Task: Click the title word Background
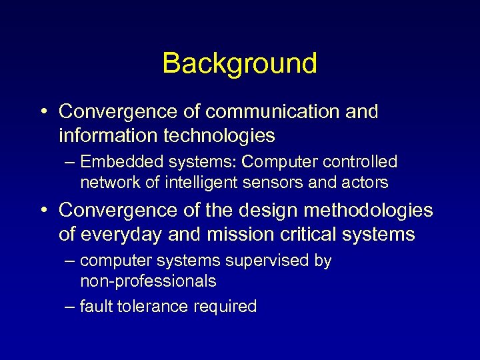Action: click(239, 63)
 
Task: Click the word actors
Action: click(363, 182)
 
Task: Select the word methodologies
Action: click(367, 211)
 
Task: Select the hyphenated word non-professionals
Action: click(148, 281)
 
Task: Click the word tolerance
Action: click(153, 307)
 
